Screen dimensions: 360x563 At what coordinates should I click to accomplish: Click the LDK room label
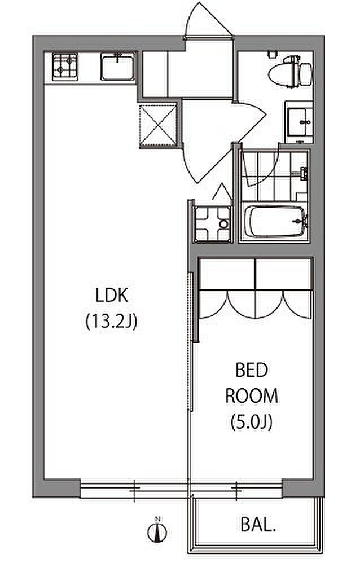(112, 295)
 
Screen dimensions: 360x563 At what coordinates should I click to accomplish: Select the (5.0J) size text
(252, 421)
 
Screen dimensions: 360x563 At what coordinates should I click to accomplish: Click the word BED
(252, 370)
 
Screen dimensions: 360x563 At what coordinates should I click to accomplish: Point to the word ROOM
(252, 395)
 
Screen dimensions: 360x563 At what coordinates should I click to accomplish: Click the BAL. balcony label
(258, 525)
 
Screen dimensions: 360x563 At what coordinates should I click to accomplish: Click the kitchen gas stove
(65, 67)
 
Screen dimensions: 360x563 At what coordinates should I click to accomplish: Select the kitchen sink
(117, 67)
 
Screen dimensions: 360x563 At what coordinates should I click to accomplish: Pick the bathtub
(274, 221)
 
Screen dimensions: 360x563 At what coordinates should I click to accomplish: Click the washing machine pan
(212, 224)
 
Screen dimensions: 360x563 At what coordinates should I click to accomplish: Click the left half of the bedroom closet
(227, 288)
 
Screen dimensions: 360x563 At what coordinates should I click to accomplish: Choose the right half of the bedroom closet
(283, 288)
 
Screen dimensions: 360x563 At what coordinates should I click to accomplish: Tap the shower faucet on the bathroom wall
(304, 173)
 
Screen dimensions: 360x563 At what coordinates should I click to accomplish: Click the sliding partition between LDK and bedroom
(191, 341)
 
